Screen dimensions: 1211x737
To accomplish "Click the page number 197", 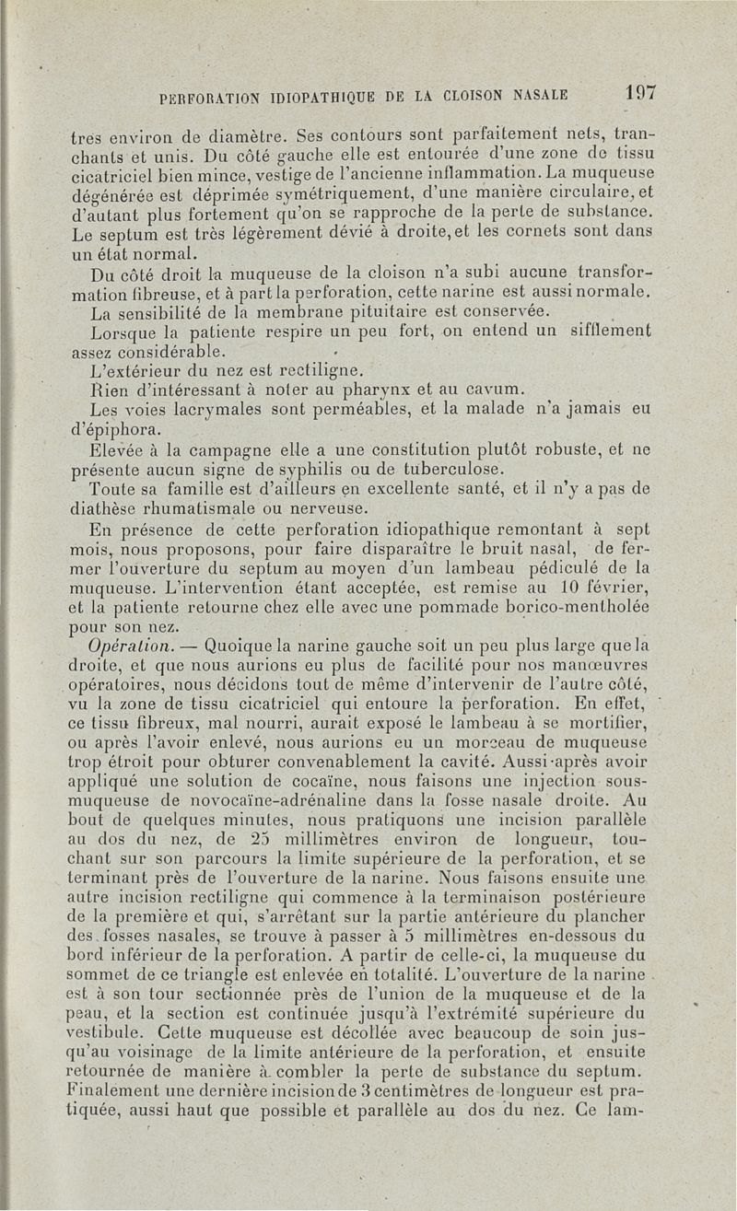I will [637, 92].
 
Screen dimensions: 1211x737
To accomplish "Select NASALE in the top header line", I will [533, 94].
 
